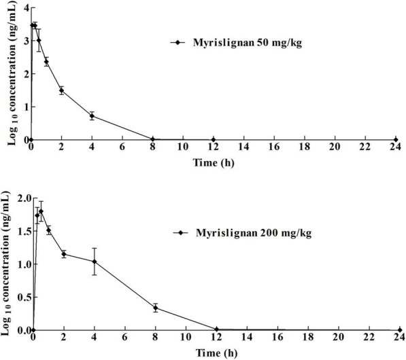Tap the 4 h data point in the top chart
coord(92,115)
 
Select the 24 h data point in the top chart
coord(395,139)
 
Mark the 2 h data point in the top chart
coord(61,90)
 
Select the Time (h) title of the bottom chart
coord(216,354)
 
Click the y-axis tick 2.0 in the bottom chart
coord(19,198)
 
